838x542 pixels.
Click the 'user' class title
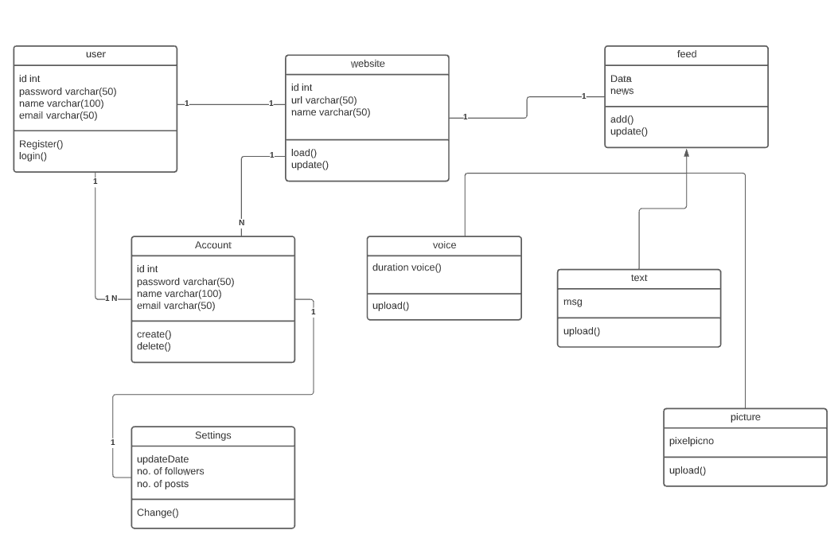(x=95, y=54)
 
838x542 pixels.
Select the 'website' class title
(x=367, y=64)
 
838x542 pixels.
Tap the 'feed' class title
(x=686, y=54)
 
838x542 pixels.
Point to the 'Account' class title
(x=212, y=245)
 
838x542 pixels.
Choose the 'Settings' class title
(x=212, y=435)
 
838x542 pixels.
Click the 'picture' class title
(x=745, y=417)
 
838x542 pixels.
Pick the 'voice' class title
(x=444, y=245)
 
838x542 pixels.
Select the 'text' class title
(x=638, y=278)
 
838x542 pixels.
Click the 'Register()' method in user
(x=41, y=144)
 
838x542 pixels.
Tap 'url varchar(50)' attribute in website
(x=324, y=99)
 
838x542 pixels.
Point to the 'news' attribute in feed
(x=622, y=91)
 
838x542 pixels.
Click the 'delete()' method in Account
(x=154, y=346)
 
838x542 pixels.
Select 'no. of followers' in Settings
(x=170, y=471)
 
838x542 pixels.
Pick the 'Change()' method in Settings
(x=158, y=513)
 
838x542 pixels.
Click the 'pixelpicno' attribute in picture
(x=692, y=440)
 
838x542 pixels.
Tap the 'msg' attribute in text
(x=572, y=302)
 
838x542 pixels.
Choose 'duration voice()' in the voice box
(x=407, y=267)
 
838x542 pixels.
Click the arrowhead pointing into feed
(x=686, y=153)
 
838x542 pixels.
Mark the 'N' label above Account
(x=241, y=223)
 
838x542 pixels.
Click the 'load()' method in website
(x=304, y=153)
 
